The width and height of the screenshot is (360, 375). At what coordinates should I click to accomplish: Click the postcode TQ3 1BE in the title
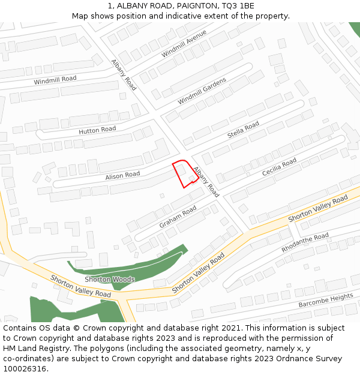(x=238, y=5)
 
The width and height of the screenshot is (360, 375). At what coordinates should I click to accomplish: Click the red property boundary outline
(x=178, y=175)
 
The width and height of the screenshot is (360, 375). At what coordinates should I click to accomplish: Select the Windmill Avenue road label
(x=184, y=44)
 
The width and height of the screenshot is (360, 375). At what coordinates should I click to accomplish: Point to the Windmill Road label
(x=55, y=80)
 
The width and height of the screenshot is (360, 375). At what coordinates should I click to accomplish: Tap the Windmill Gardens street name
(x=202, y=91)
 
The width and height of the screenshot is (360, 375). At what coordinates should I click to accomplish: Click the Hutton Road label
(x=97, y=130)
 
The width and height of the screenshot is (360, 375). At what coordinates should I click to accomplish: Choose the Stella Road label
(x=243, y=130)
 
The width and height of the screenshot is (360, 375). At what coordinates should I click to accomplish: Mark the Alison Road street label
(x=122, y=175)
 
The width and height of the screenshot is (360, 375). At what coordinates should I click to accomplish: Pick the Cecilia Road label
(x=279, y=167)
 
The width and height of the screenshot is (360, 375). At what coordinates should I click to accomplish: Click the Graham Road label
(x=178, y=217)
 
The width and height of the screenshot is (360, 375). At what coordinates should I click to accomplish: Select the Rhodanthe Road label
(x=305, y=242)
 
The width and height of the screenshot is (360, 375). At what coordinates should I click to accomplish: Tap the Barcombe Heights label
(x=326, y=301)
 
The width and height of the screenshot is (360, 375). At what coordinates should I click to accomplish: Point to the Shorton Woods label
(x=110, y=280)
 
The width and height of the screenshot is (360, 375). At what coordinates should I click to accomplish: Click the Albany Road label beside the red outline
(x=206, y=182)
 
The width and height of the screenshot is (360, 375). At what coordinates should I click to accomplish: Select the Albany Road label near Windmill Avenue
(x=124, y=75)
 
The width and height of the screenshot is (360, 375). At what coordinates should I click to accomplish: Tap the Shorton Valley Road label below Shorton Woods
(x=81, y=287)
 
